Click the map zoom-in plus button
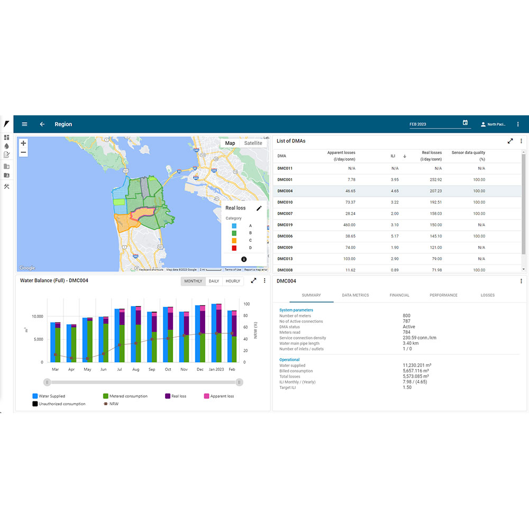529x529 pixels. (23, 143)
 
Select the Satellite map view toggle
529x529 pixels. (253, 143)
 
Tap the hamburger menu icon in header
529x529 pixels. (24, 124)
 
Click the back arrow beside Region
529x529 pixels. (42, 124)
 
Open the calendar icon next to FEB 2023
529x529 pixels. (465, 123)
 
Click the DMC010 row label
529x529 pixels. (285, 202)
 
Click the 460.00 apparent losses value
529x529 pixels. (349, 225)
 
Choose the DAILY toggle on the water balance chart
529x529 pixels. (214, 281)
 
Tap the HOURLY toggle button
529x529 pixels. (233, 281)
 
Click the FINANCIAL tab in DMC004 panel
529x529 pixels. (399, 295)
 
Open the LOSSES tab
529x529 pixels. (488, 295)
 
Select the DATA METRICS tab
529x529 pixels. (355, 295)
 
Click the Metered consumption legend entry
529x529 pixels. (128, 396)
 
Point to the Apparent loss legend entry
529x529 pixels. (222, 396)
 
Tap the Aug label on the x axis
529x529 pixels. (136, 369)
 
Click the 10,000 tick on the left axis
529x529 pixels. (37, 316)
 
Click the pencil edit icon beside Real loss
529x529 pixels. (259, 208)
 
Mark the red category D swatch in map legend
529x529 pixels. (234, 248)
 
